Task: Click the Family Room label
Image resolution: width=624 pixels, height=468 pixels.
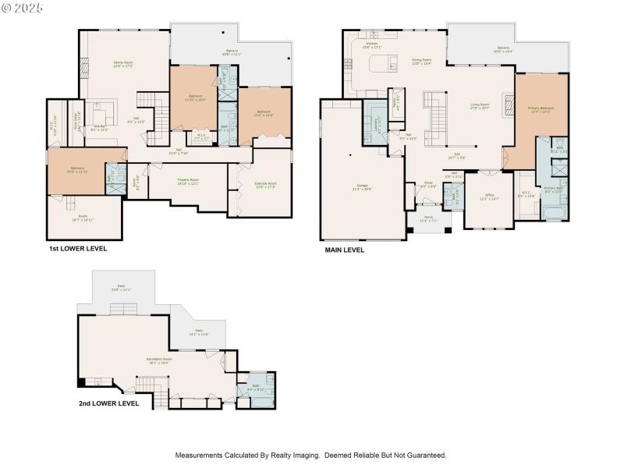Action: coord(123,65)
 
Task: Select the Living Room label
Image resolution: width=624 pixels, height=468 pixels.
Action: coord(479,106)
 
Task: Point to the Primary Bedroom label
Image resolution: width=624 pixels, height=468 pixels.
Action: coord(540,110)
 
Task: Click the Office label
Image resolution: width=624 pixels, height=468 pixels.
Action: coord(489,197)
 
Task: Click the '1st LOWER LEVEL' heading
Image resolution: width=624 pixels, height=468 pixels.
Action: coord(77,249)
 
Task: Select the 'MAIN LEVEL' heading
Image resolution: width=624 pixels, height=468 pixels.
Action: coord(344,251)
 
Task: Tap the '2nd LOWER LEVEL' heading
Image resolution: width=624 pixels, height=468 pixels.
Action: coord(108,404)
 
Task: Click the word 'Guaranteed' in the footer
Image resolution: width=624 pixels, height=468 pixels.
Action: coord(425,455)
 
